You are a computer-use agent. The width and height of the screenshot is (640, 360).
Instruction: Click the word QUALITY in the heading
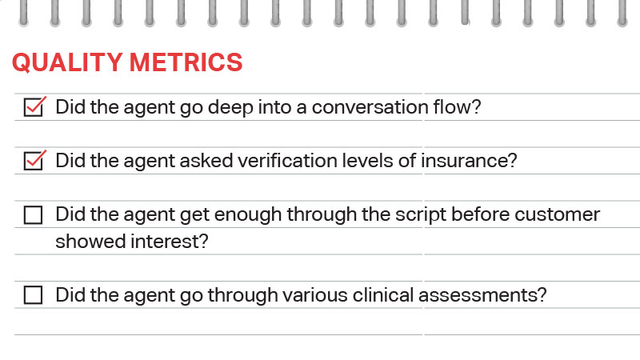click(67, 63)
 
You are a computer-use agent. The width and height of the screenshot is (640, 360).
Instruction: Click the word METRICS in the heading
click(186, 62)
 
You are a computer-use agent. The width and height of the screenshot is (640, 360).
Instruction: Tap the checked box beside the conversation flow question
click(34, 107)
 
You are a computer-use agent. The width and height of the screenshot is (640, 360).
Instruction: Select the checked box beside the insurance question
click(34, 161)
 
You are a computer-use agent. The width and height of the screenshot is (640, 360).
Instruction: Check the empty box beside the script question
click(33, 214)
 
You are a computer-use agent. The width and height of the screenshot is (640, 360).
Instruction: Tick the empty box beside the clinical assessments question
click(33, 294)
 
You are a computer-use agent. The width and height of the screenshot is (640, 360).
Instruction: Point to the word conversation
click(370, 107)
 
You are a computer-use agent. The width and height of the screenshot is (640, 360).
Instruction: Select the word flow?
click(457, 106)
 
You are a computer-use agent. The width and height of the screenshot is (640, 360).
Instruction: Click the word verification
click(287, 161)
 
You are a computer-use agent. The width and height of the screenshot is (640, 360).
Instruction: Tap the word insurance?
click(469, 161)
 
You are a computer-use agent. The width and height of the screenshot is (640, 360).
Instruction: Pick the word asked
click(206, 161)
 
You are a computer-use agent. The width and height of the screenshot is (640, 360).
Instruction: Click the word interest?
click(170, 242)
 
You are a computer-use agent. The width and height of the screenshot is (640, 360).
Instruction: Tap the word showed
click(90, 242)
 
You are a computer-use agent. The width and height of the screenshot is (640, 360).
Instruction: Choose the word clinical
click(383, 294)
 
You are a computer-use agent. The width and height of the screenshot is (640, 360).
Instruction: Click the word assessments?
click(482, 295)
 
